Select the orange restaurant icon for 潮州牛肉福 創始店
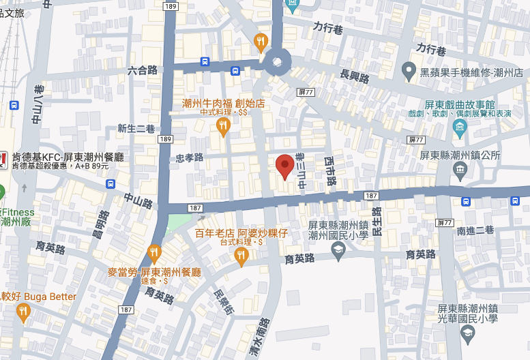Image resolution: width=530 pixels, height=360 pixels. point(223,126)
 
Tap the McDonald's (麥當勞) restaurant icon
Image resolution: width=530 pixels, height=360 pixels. point(154,253)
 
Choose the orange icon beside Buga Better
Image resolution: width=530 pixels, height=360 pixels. point(24,312)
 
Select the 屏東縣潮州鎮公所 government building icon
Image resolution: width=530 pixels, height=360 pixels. point(460,168)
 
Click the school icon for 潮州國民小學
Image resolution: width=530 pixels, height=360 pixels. point(338,252)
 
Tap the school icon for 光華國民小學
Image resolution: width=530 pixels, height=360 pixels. point(467,333)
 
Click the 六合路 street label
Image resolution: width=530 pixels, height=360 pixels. point(143,70)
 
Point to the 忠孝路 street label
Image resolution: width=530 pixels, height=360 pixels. point(190,157)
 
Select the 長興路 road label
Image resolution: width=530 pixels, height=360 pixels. point(354,75)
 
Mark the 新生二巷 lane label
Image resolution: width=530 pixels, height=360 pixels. point(136,128)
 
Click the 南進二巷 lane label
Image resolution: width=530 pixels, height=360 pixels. point(475,230)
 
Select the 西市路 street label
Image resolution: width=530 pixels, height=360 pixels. point(331,171)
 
